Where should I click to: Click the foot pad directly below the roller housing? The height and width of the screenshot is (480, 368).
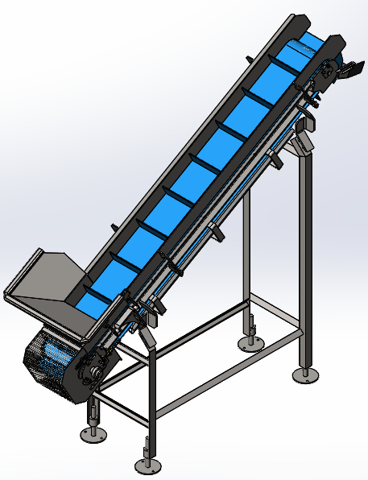tap(93, 434)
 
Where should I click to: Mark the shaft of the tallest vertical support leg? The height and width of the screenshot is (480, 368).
tap(304, 258)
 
